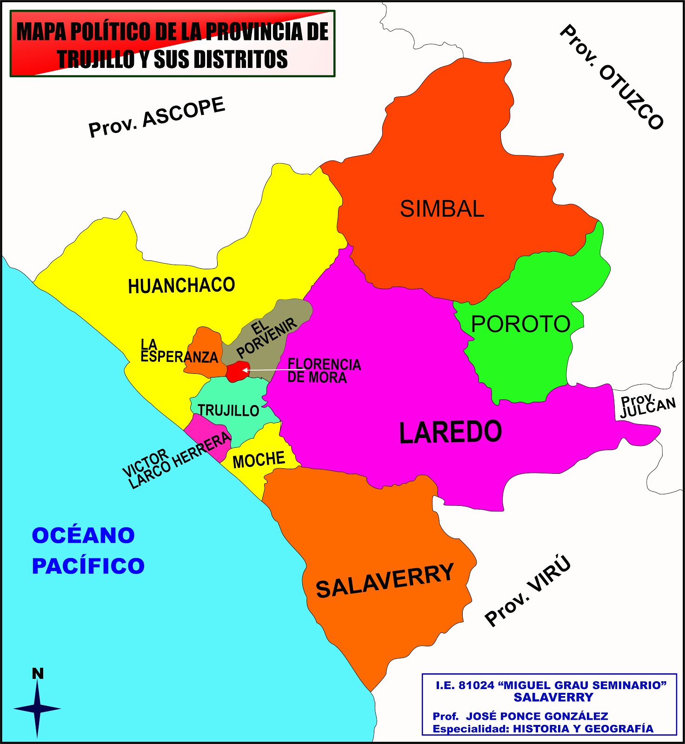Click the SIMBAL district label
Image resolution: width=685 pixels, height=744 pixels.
pyautogui.click(x=442, y=209)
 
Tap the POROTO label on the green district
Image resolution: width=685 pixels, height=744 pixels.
pyautogui.click(x=520, y=324)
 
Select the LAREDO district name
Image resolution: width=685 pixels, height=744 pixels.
pyautogui.click(x=450, y=432)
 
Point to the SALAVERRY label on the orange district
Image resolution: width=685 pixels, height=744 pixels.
pyautogui.click(x=385, y=581)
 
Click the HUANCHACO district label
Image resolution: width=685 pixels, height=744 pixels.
pyautogui.click(x=181, y=286)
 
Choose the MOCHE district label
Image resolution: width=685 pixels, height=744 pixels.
pyautogui.click(x=259, y=460)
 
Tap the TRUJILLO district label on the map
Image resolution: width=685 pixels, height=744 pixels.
pyautogui.click(x=228, y=411)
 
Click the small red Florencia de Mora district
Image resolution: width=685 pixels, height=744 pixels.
pyautogui.click(x=236, y=371)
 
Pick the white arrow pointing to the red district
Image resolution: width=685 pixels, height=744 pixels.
pyautogui.click(x=265, y=370)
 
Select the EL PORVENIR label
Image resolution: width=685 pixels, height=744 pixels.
pyautogui.click(x=265, y=338)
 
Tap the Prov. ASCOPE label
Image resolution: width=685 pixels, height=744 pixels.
pyautogui.click(x=157, y=117)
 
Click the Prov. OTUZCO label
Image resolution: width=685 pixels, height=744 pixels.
pyautogui.click(x=612, y=77)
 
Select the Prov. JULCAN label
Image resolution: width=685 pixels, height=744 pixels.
pyautogui.click(x=647, y=406)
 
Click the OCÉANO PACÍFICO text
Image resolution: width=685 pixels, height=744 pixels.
pyautogui.click(x=88, y=551)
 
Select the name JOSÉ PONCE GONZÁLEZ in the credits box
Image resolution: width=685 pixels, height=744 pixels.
pyautogui.click(x=537, y=716)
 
